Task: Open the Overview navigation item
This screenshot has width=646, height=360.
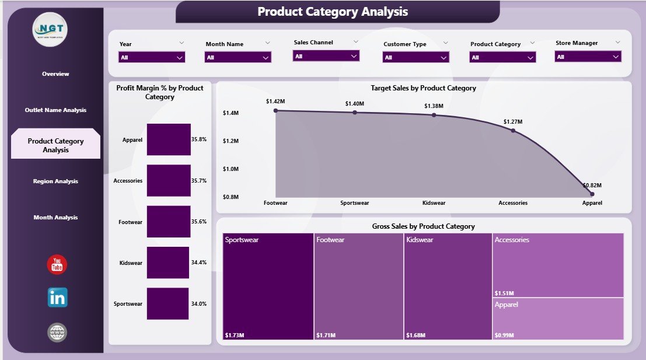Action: (55, 74)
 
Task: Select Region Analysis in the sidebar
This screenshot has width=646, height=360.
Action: (55, 181)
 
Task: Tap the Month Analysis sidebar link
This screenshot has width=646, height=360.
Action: (55, 218)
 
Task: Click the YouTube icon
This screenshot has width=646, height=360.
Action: (57, 265)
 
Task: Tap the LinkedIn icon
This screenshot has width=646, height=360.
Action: (57, 298)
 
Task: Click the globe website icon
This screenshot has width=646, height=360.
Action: (57, 333)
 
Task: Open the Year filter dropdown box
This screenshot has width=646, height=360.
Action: (152, 57)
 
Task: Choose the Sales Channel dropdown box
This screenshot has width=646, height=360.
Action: (326, 56)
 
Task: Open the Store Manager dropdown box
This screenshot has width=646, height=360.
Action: (588, 57)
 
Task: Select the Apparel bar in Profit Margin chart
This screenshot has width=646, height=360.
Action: (169, 139)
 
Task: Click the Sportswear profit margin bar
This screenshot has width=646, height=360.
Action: (167, 303)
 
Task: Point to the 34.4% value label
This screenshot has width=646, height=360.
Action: (199, 263)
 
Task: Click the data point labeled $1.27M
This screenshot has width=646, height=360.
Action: (513, 131)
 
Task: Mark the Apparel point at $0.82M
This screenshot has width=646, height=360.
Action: (592, 194)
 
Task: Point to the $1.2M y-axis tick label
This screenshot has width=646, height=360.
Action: (231, 141)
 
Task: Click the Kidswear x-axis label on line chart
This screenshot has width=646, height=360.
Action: (434, 203)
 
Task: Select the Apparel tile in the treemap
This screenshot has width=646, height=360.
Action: (558, 319)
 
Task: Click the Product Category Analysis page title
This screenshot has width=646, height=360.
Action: (333, 12)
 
